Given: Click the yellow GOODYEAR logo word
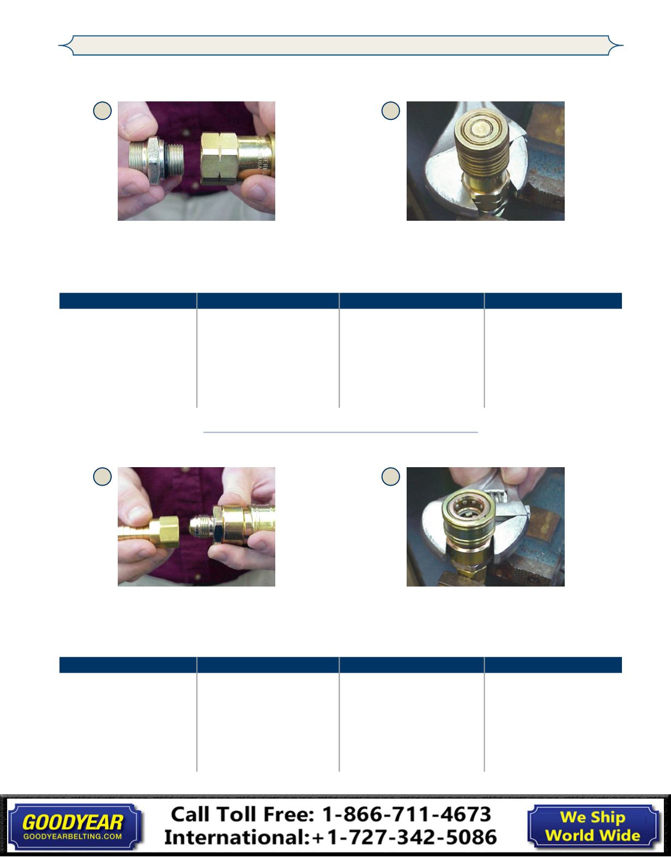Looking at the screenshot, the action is (73, 822).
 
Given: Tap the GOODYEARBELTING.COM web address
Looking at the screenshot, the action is (72, 836).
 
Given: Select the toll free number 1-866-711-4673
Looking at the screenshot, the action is (407, 814).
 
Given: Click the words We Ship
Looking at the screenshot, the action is (593, 817).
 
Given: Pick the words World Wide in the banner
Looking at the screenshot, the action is (593, 835).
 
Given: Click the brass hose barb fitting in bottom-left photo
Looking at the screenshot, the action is (148, 534).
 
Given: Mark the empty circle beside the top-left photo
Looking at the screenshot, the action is (102, 111).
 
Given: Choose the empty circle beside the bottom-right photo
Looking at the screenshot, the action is (391, 476).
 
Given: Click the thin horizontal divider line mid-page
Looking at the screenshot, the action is (340, 432).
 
